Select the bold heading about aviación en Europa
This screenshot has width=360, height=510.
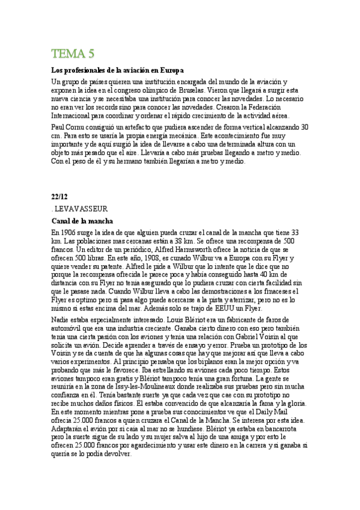click(117, 70)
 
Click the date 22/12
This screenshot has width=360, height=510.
click(59, 195)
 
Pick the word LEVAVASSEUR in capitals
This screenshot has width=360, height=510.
click(82, 209)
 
